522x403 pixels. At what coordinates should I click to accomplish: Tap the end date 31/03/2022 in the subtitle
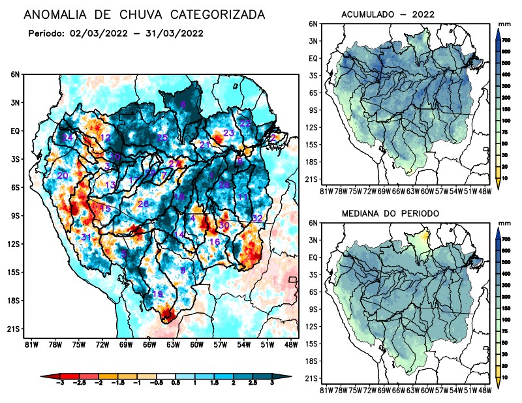pyautogui.click(x=175, y=33)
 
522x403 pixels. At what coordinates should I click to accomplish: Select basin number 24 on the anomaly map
pyautogui.click(x=68, y=138)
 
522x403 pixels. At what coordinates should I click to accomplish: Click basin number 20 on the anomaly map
pyautogui.click(x=63, y=176)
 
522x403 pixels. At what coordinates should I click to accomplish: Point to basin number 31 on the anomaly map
pyautogui.click(x=85, y=237)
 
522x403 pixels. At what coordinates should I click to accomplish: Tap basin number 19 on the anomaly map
pyautogui.click(x=157, y=295)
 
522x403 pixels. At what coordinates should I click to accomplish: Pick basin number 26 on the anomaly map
pyautogui.click(x=144, y=204)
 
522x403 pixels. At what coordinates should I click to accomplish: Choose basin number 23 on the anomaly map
pyautogui.click(x=228, y=133)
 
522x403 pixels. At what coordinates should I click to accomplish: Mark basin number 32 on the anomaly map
pyautogui.click(x=257, y=218)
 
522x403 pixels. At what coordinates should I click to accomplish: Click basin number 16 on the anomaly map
pyautogui.click(x=214, y=242)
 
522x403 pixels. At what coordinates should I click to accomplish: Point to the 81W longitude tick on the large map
pyautogui.click(x=30, y=344)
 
